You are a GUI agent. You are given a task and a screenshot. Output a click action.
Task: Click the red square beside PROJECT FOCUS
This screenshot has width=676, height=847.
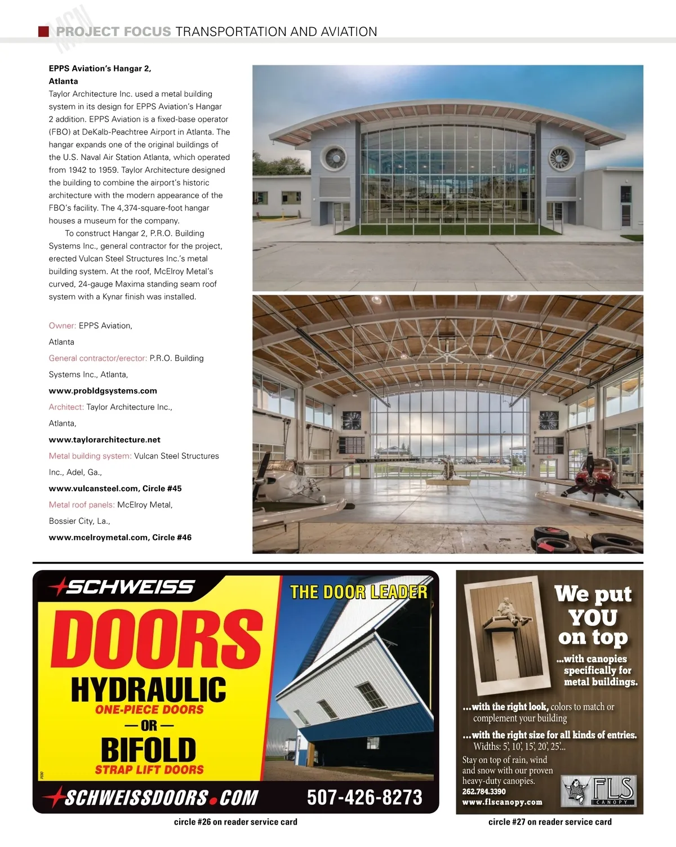point(43,32)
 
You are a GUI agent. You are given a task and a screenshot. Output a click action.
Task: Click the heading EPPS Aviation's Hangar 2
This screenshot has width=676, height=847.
point(100,69)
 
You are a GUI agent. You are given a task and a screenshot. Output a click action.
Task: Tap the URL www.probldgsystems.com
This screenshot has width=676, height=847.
point(103,391)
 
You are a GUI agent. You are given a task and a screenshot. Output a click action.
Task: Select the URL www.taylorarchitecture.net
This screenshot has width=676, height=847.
point(104,440)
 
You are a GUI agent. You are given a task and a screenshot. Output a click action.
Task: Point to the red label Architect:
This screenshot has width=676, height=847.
point(66,407)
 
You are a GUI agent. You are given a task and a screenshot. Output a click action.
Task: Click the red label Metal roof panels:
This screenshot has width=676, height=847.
point(82,505)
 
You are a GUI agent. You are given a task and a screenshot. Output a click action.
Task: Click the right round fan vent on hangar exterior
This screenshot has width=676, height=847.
point(561,158)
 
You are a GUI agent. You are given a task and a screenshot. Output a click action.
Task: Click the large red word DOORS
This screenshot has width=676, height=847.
point(157,640)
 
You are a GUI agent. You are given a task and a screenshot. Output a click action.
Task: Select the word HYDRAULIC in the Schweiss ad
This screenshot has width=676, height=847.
point(149,689)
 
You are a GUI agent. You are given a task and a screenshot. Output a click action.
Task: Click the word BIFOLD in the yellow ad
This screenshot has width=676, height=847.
point(149,750)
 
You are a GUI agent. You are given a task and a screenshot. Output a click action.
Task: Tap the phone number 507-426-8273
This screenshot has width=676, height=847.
point(364,797)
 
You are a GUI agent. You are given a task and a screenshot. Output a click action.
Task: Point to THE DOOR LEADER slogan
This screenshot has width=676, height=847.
point(358,592)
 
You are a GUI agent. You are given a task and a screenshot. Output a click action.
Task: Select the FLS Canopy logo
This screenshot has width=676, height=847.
point(599,790)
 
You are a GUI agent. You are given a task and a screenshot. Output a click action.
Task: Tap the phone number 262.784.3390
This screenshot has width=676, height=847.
point(483,791)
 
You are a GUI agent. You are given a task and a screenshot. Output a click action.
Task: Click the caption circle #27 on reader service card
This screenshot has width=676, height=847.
point(550,822)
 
